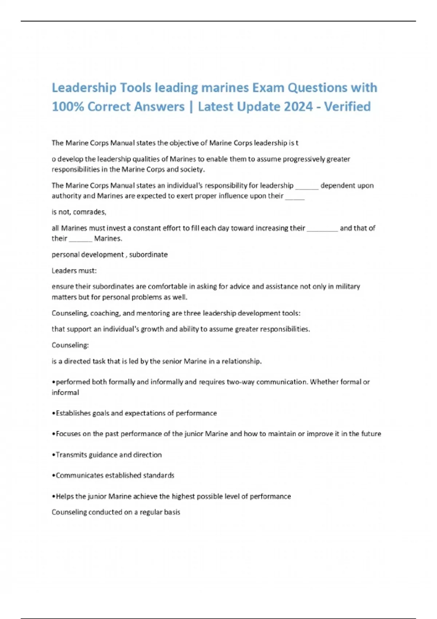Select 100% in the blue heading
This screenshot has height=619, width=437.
[68, 106]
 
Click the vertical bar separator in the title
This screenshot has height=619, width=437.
[191, 107]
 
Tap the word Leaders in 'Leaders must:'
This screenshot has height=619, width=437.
[63, 271]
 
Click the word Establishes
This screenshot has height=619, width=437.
[73, 413]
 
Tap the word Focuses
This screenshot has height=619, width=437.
[68, 434]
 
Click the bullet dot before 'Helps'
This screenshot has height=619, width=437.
[54, 497]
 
